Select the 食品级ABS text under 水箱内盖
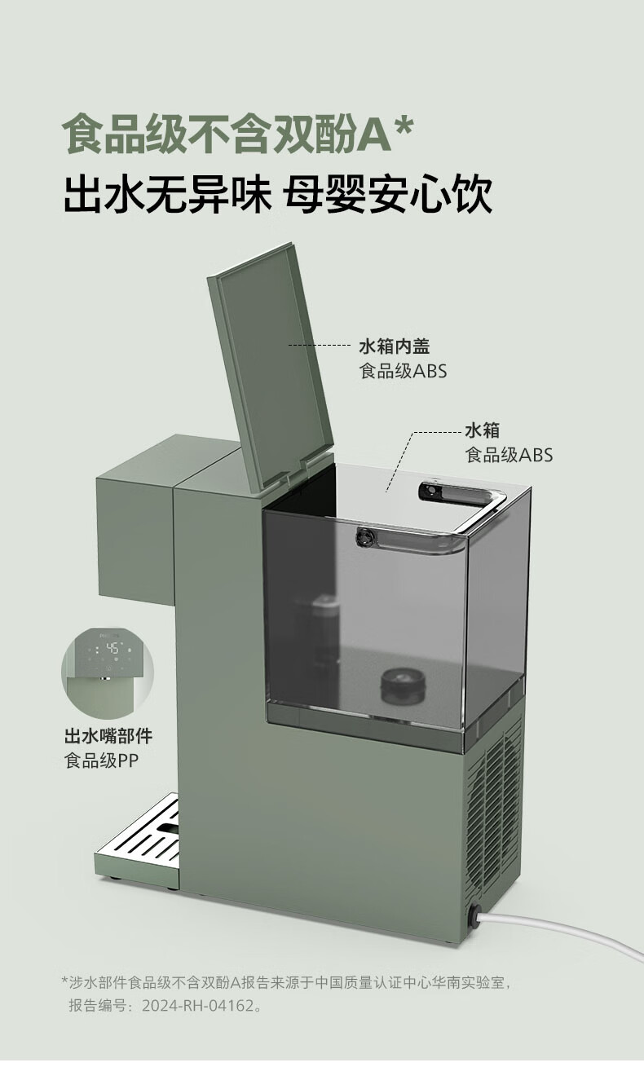tap(403, 372)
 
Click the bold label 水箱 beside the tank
tap(482, 430)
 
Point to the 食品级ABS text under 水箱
tap(509, 455)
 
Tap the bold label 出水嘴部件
tap(108, 736)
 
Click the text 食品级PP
tap(101, 763)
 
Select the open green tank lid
tap(269, 367)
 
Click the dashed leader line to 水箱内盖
tap(318, 346)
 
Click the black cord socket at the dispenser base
tap(472, 915)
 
